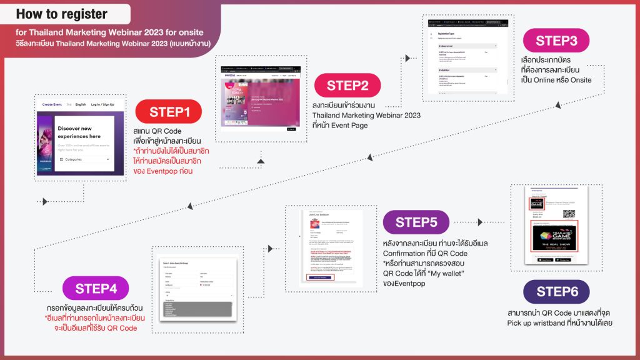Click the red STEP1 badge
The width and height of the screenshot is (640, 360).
pyautogui.click(x=169, y=112)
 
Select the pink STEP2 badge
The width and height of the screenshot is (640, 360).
pyautogui.click(x=347, y=86)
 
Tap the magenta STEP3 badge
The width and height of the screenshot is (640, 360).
pyautogui.click(x=556, y=41)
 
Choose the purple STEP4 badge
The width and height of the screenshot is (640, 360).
pyautogui.click(x=96, y=289)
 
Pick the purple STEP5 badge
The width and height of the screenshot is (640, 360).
pyautogui.click(x=416, y=222)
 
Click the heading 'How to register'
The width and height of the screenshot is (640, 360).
pyautogui.click(x=62, y=14)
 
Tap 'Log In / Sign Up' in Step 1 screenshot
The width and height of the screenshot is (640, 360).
pyautogui.click(x=102, y=104)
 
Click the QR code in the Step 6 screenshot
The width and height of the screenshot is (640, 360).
pyautogui.click(x=568, y=212)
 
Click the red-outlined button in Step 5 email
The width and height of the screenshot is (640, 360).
pyautogui.click(x=319, y=277)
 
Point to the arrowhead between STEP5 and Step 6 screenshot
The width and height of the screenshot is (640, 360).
pyautogui.click(x=481, y=221)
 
